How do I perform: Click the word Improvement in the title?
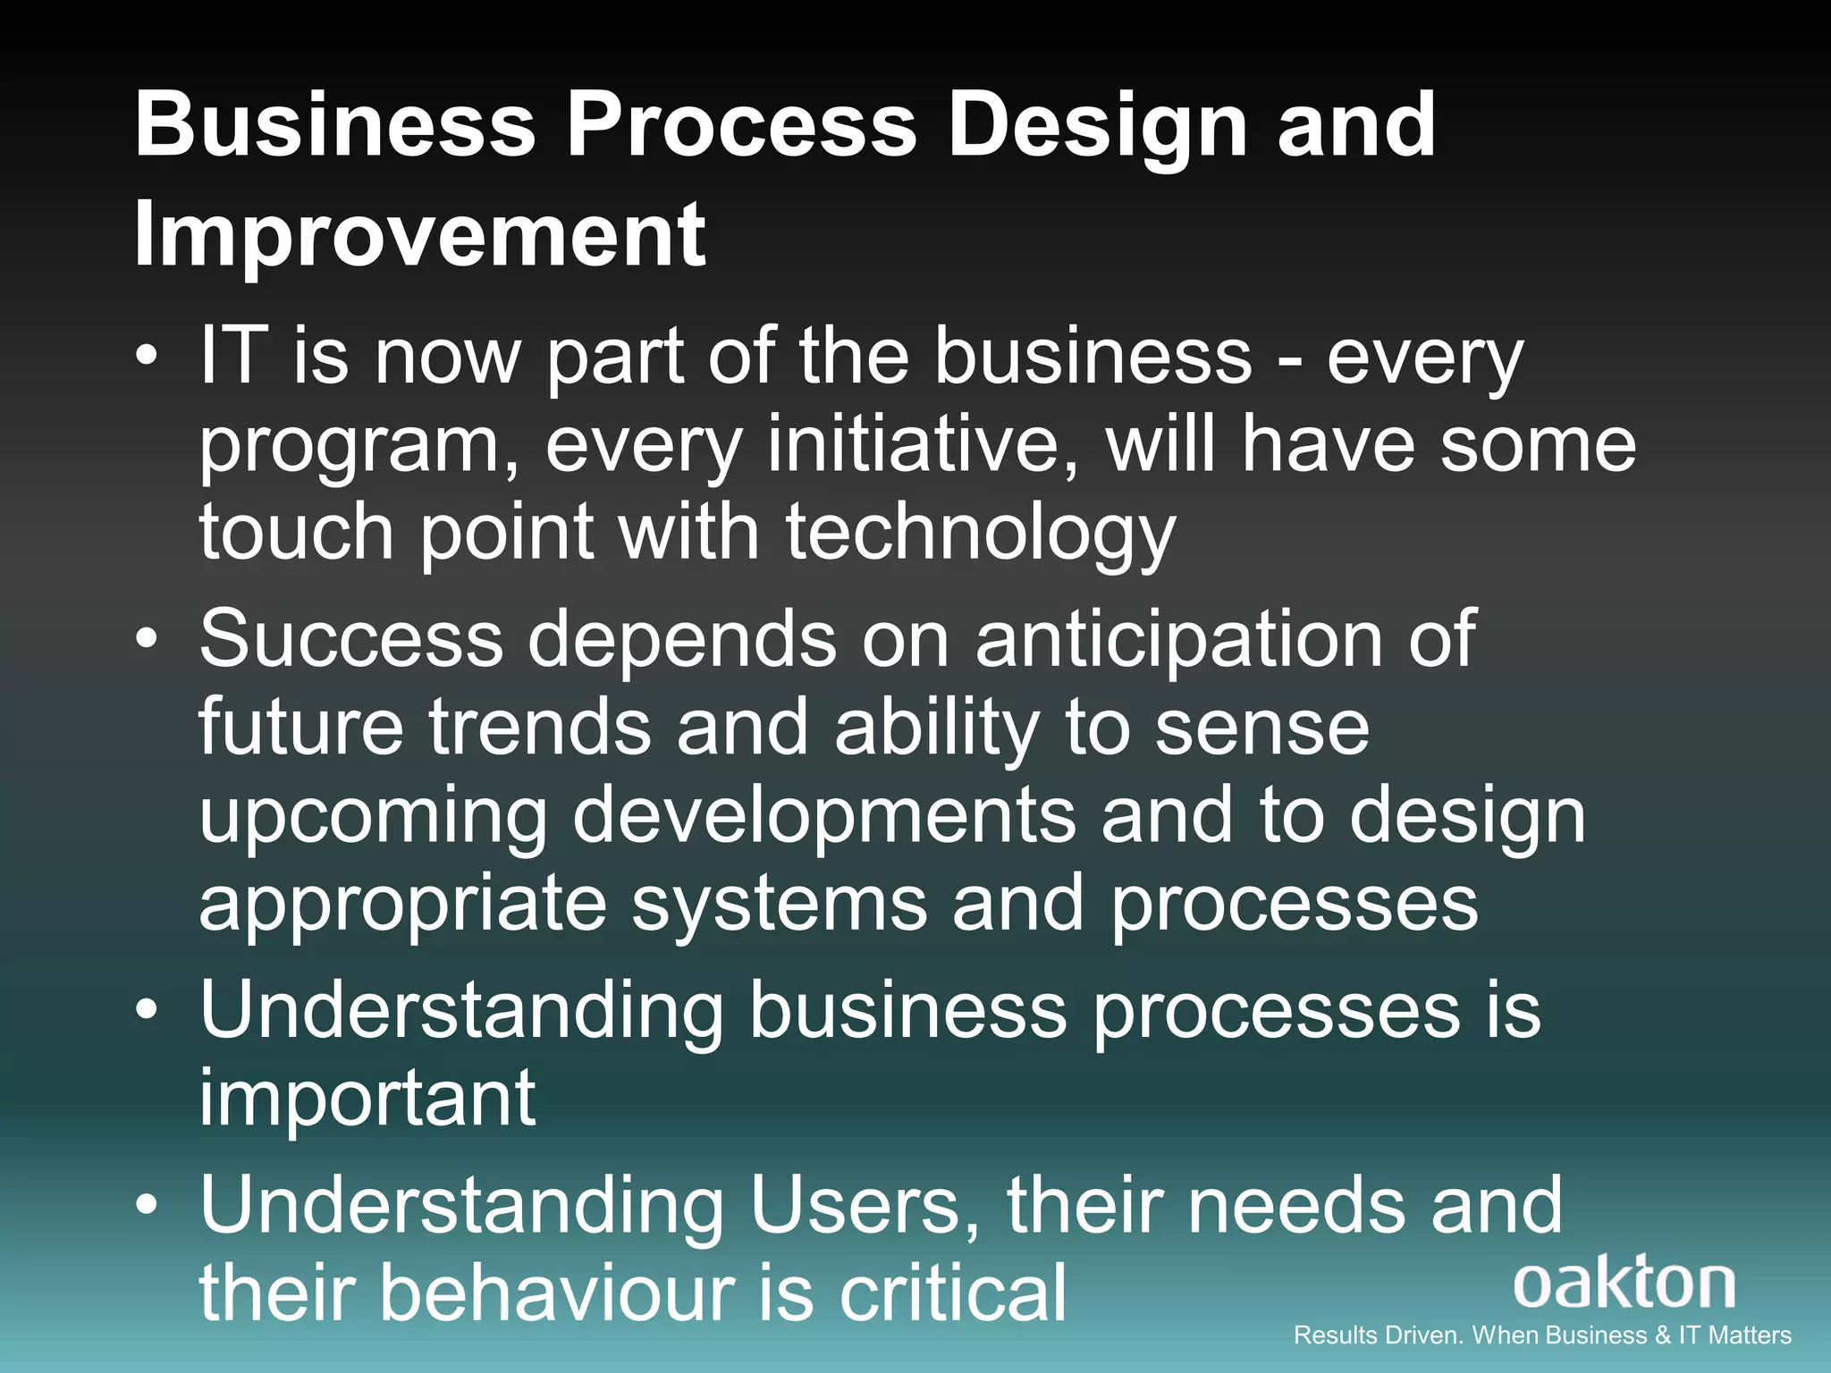420,234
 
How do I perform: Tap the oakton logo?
1624,1284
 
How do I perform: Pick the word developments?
824,815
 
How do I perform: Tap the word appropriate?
402,905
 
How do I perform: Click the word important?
367,1098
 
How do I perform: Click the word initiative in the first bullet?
921,444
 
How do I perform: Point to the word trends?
540,727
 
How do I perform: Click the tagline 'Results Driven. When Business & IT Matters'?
1542,1335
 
